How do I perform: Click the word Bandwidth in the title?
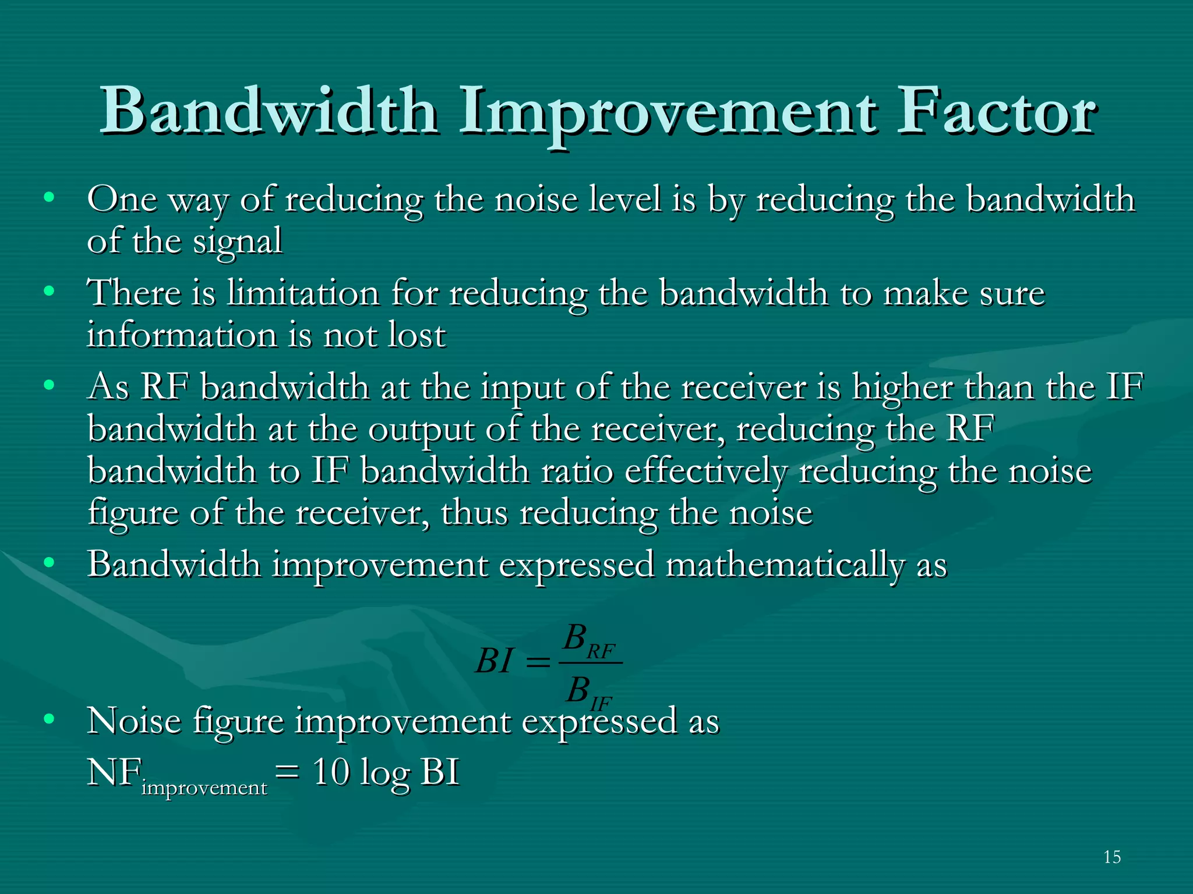click(269, 111)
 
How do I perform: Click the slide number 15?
click(1112, 857)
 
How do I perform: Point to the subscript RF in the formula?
click(601, 651)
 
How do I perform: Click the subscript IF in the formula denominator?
click(601, 704)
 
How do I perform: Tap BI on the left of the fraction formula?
click(494, 661)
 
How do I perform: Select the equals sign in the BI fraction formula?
click(537, 662)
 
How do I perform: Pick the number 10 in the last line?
click(331, 772)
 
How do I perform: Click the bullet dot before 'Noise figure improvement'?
click(49, 719)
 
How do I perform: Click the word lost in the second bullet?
click(417, 335)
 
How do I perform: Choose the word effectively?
click(705, 471)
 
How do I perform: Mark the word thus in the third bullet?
click(474, 513)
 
